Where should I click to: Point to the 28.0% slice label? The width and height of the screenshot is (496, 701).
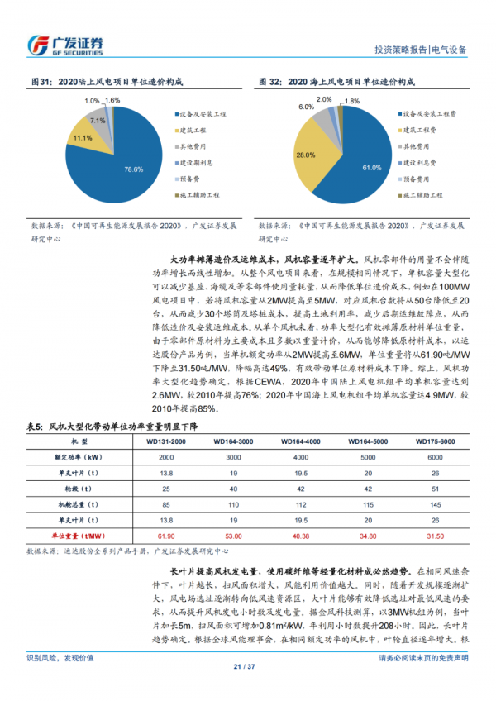pyautogui.click(x=306, y=155)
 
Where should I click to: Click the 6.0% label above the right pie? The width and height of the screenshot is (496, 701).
pyautogui.click(x=307, y=107)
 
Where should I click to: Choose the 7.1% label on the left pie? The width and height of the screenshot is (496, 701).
pyautogui.click(x=98, y=121)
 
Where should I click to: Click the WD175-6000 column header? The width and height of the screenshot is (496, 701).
pyautogui.click(x=435, y=442)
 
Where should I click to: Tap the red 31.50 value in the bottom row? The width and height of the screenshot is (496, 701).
pyautogui.click(x=435, y=535)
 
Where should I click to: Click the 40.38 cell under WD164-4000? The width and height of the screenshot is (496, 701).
pyautogui.click(x=300, y=535)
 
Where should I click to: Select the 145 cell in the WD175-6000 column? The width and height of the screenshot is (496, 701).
pyautogui.click(x=435, y=504)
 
